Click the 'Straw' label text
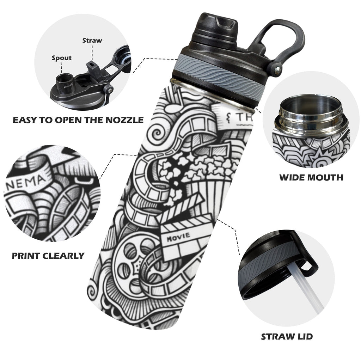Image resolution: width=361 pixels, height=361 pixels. pos(92,41)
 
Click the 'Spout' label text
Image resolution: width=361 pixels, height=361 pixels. pos(61,58)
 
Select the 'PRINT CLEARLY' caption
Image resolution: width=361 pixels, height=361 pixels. pos(48,256)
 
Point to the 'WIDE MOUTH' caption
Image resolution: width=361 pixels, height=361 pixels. pos(311,178)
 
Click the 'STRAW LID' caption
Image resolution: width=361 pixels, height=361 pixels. pos(287,337)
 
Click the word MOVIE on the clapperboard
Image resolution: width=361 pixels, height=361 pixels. pos(179,236)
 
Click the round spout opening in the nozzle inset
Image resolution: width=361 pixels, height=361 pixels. pos(64,79)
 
